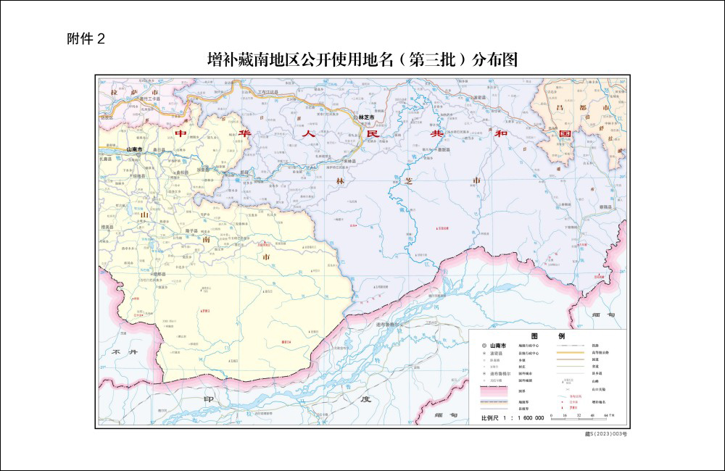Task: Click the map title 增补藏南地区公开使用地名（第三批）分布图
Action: click(362, 59)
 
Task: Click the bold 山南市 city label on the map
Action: click(136, 149)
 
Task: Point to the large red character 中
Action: click(181, 134)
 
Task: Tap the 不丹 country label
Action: click(124, 351)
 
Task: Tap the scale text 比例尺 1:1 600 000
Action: click(513, 419)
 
